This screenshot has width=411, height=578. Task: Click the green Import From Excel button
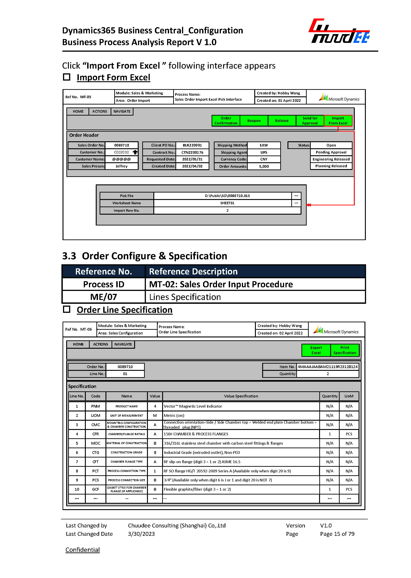[338, 121]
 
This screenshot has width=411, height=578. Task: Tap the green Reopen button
[254, 121]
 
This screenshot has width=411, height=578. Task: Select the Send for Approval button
[310, 121]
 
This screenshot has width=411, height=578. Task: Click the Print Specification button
[344, 350]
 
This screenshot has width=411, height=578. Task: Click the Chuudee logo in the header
[339, 31]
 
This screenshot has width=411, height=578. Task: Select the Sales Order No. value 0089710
[121, 145]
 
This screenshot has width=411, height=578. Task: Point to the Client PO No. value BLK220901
[192, 145]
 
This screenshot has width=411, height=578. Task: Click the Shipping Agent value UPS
[264, 152]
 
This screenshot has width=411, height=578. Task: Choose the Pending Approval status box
[331, 152]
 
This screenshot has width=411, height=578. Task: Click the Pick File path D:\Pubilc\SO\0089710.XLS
[227, 196]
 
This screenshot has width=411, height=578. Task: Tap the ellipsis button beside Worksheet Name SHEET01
[296, 203]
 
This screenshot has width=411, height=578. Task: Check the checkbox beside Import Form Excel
[67, 77]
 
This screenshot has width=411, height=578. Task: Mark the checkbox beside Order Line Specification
[67, 309]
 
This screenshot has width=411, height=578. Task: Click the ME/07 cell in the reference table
[103, 297]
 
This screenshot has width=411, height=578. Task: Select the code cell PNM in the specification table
[95, 406]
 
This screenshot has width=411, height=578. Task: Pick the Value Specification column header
[241, 396]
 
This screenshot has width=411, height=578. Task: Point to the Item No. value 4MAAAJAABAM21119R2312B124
[327, 367]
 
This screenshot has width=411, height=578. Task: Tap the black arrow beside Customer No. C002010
[135, 152]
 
